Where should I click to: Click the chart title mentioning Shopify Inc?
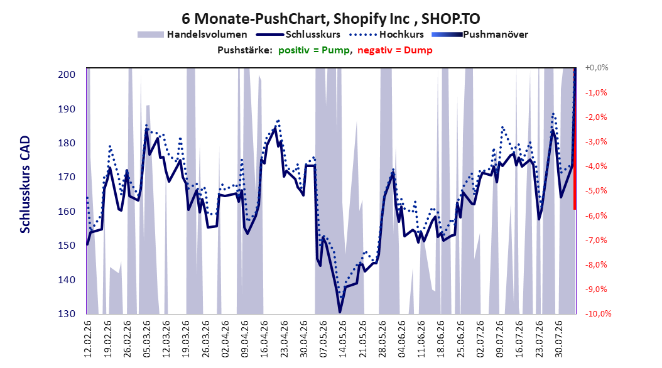[x=330, y=19]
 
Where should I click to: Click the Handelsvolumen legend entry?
[x=193, y=35]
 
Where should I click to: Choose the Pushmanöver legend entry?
[x=480, y=35]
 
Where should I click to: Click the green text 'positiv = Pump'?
[x=313, y=50]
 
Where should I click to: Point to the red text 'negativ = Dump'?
[x=395, y=50]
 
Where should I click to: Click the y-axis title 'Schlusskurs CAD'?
[x=25, y=185]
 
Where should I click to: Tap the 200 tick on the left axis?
[x=67, y=75]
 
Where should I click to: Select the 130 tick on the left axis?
[x=67, y=314]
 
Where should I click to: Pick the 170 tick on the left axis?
[x=67, y=177]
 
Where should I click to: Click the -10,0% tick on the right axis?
[x=598, y=313]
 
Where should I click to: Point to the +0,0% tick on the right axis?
[x=597, y=68]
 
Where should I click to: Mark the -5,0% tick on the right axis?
[x=596, y=191]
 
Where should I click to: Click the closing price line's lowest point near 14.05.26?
[x=340, y=312]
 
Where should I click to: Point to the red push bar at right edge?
[x=575, y=138]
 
